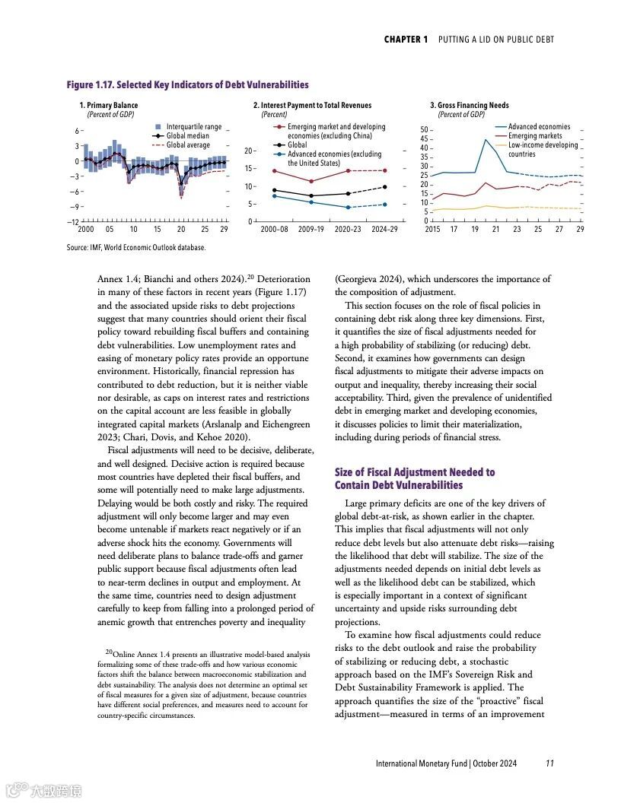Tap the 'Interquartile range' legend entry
pyautogui.click(x=193, y=127)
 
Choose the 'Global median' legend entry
pyautogui.click(x=187, y=136)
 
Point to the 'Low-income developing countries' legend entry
pyautogui.click(x=543, y=149)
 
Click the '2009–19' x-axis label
pyautogui.click(x=311, y=229)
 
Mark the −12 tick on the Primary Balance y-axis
pyautogui.click(x=72, y=222)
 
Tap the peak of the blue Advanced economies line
pyautogui.click(x=486, y=139)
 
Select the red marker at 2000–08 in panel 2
pyautogui.click(x=274, y=170)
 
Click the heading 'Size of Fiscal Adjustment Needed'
pyautogui.click(x=414, y=472)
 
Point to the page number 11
pyautogui.click(x=549, y=764)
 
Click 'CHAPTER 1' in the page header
pyautogui.click(x=406, y=40)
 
